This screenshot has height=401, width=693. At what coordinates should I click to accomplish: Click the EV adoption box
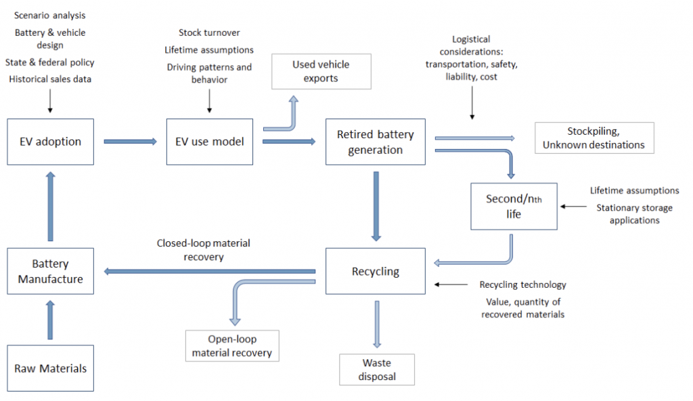coord(51,142)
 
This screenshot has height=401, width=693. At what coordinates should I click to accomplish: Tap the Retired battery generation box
coord(375,142)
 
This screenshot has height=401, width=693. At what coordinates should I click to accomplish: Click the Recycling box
coord(375,271)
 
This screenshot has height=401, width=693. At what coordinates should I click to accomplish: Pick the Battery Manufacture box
coord(51,271)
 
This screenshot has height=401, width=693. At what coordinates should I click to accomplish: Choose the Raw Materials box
coord(51,368)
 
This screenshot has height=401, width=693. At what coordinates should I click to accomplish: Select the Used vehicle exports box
coord(321,71)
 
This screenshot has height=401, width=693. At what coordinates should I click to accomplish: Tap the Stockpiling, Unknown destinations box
coord(594,138)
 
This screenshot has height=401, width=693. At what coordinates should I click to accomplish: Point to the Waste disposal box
coord(377,370)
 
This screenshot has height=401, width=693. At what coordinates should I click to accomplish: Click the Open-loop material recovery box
coord(231,345)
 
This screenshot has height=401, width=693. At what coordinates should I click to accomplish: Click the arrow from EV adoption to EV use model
coord(131,142)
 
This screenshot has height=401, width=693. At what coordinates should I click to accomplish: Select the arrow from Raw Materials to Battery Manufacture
coord(51,321)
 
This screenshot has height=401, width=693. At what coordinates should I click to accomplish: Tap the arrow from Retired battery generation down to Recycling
coord(376,206)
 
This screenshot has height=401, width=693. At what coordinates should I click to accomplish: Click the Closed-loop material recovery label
coord(198,249)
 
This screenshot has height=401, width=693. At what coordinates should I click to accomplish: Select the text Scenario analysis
coord(50,15)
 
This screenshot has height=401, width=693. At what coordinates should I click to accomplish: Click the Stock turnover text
coord(209,33)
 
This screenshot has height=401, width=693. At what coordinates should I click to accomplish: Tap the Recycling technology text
coord(522,284)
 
